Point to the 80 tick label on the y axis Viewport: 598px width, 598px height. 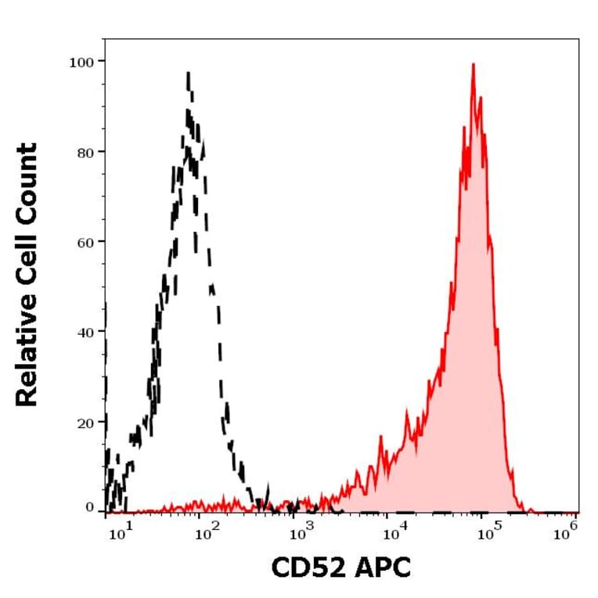pyautogui.click(x=86, y=151)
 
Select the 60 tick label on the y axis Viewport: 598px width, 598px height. pyautogui.click(x=86, y=241)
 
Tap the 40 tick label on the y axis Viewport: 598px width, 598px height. pyautogui.click(x=86, y=331)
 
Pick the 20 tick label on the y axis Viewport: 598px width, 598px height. pyautogui.click(x=86, y=421)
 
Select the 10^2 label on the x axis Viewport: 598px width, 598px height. pyautogui.click(x=206, y=535)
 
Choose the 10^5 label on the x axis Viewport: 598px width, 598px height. pyautogui.click(x=486, y=535)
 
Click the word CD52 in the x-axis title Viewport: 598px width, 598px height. pyautogui.click(x=308, y=568)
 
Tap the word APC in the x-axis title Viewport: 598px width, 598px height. pyautogui.click(x=380, y=568)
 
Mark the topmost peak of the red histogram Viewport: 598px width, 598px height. pyautogui.click(x=473, y=65)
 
